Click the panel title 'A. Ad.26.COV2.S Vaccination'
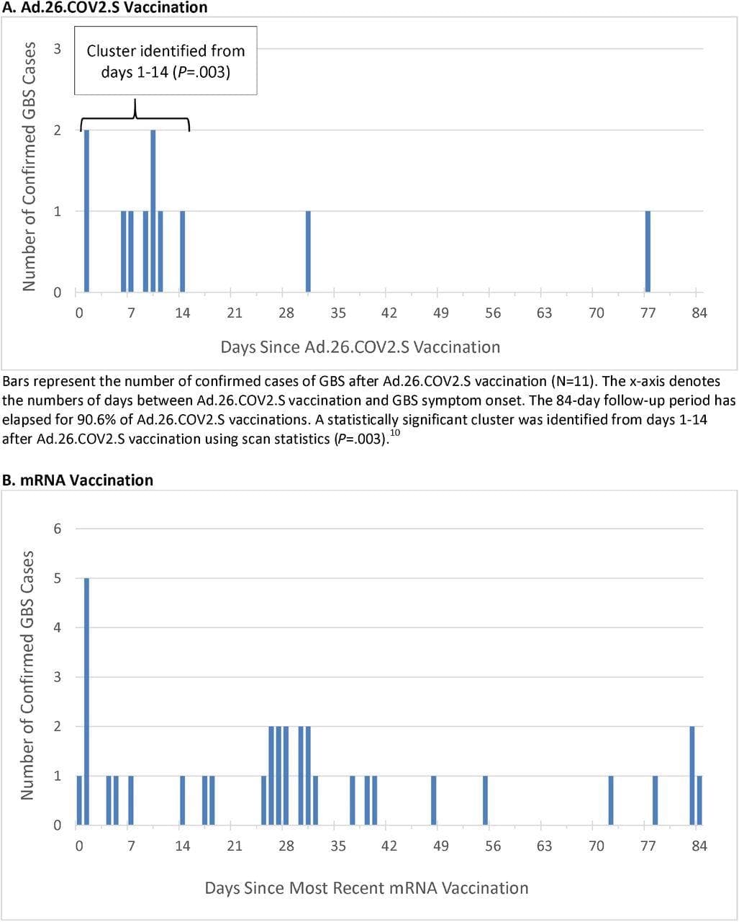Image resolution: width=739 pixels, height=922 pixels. point(105,8)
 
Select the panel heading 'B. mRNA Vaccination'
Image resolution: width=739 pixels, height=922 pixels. point(78,480)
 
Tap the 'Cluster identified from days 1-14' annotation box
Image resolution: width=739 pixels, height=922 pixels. point(166,61)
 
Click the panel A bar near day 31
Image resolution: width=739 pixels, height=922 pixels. point(308,251)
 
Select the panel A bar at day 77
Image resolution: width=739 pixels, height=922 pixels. point(648,251)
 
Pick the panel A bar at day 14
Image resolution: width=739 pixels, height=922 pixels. point(183,251)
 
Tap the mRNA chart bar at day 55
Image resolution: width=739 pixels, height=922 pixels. point(486,800)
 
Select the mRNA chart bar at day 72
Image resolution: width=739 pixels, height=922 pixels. point(611,800)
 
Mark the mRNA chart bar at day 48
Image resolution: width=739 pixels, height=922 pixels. point(434,800)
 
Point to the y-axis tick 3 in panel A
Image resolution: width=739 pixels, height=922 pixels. point(58,49)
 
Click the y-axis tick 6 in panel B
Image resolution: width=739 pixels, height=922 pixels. point(58,529)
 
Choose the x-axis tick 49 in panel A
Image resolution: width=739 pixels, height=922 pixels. point(441,313)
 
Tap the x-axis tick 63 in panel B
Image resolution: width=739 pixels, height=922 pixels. point(544,846)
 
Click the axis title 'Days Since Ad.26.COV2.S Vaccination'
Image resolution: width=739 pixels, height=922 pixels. point(360,347)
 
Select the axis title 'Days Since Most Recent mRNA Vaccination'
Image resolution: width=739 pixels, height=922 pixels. point(366,888)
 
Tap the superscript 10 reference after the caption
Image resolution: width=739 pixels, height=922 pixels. point(394,433)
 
